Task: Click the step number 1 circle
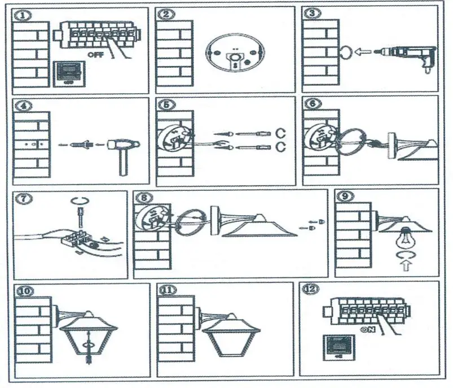tap(23, 15)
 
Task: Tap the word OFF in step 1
tap(96, 55)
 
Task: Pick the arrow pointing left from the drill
tap(365, 53)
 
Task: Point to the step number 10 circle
tap(26, 291)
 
